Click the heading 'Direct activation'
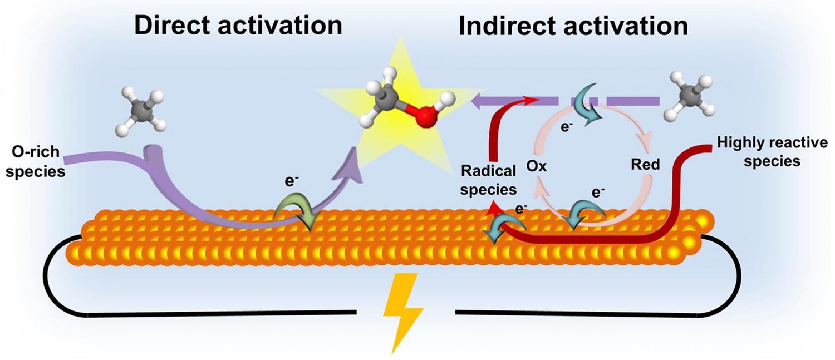click(238, 26)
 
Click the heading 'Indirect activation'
click(573, 27)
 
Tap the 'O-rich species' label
click(36, 162)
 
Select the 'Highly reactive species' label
click(772, 152)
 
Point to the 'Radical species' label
click(488, 180)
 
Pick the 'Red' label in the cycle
click(645, 164)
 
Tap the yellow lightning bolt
click(402, 313)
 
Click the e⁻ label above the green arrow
click(292, 180)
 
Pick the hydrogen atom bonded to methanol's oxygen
click(447, 99)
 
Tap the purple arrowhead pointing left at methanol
click(482, 101)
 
